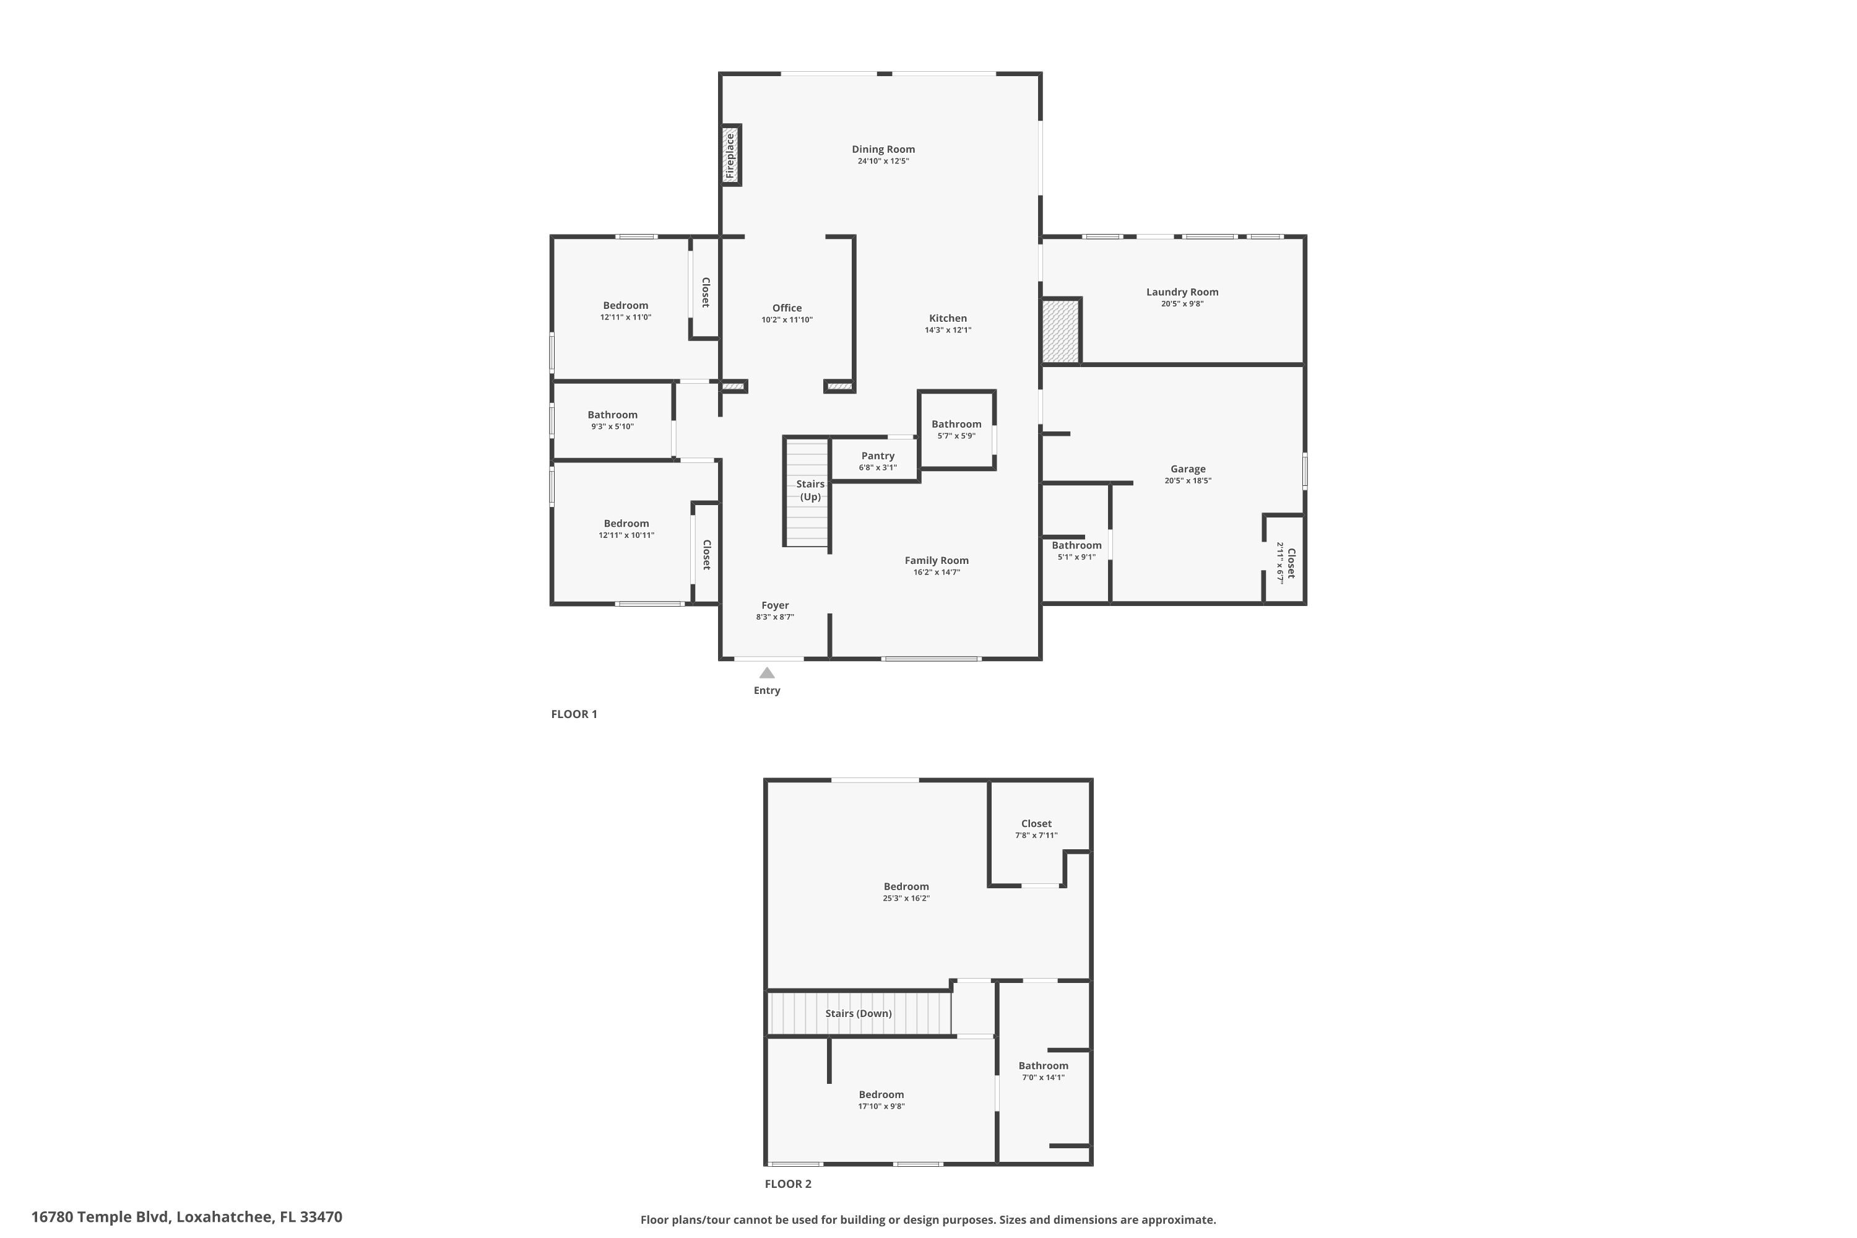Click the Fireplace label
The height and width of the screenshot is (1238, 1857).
pos(730,155)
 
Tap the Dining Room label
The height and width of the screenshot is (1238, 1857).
pos(883,149)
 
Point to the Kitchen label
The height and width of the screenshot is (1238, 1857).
pos(948,318)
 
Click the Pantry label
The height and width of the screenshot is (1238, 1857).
pos(877,456)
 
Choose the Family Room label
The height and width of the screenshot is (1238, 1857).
pos(937,561)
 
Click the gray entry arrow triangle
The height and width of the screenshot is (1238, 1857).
pos(767,673)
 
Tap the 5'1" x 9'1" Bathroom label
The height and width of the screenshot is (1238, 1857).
pos(1076,545)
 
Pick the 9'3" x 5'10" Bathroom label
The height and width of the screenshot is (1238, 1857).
pos(612,415)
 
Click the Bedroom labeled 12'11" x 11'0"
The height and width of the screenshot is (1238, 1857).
pos(625,306)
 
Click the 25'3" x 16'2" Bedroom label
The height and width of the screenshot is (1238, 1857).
pos(906,886)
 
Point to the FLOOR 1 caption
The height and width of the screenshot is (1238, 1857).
pos(574,714)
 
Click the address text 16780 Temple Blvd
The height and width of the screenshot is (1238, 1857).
pos(100,1217)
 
